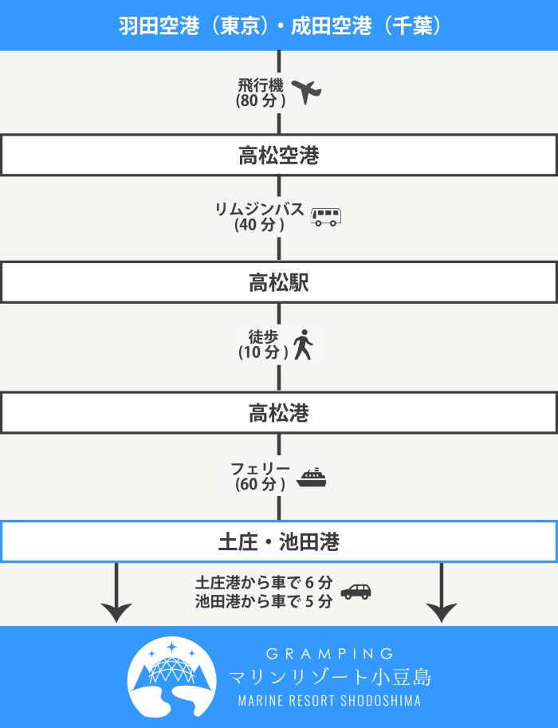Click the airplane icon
306,92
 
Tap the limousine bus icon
325,216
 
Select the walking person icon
302,345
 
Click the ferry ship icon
312,478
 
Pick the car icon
356,592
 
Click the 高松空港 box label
278,155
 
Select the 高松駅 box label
278,282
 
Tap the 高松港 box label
278,413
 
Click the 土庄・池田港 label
278,543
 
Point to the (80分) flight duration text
261,100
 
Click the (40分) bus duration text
260,225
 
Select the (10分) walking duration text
263,352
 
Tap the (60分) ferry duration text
260,484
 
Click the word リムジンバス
260,209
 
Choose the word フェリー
260,469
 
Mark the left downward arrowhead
116,612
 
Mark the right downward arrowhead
441,612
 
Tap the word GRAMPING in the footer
330,654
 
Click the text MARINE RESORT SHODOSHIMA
329,701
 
